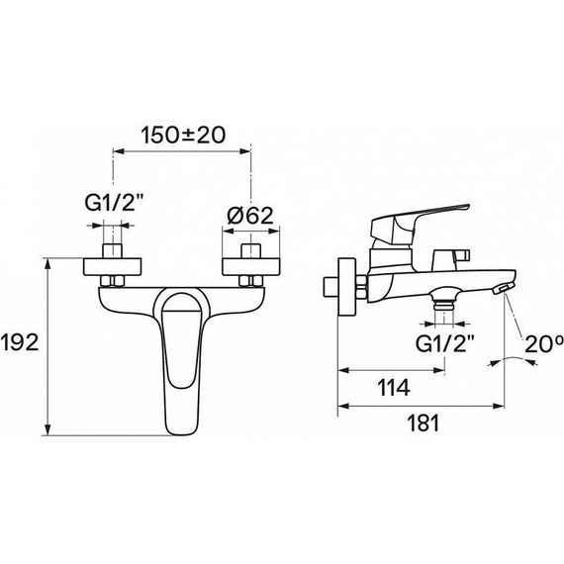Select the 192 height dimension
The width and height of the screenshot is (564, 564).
click(21, 344)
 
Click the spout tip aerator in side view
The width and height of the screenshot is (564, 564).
click(504, 287)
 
